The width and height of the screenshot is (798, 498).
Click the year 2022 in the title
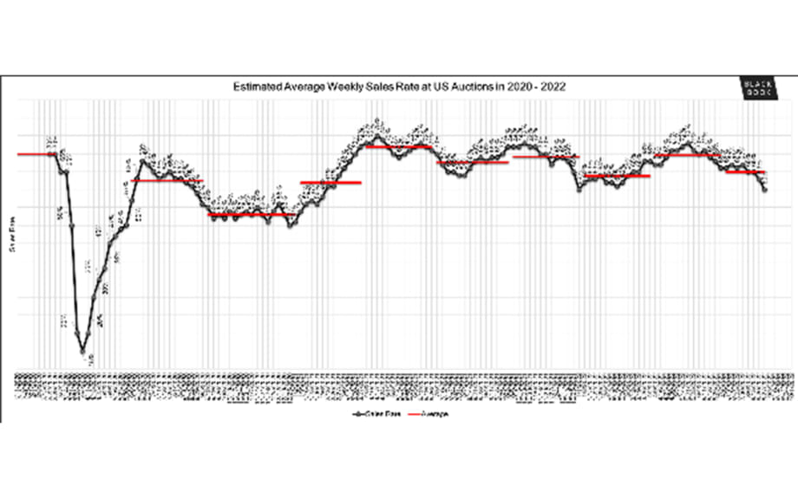coord(553,87)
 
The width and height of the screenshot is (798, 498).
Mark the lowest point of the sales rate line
coord(84,352)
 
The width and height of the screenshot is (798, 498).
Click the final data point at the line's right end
coord(764,190)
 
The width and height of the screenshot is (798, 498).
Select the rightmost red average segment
coord(744,172)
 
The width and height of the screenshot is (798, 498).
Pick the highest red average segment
coord(399,146)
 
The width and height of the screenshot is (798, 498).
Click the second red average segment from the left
coord(166,180)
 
